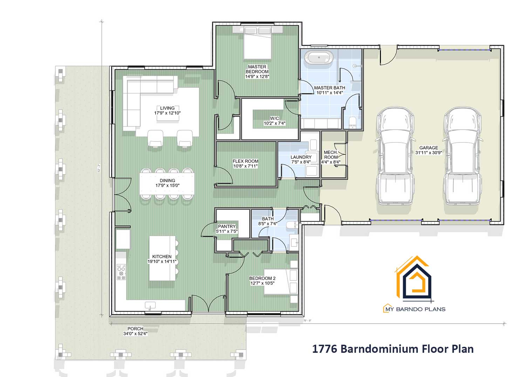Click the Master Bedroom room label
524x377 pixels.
257,69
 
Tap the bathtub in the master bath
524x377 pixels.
319,58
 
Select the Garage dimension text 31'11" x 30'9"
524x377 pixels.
428,153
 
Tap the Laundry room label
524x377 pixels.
301,157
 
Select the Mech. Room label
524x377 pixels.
331,155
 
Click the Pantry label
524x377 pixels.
226,227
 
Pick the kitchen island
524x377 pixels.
162,258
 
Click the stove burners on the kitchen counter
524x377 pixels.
121,272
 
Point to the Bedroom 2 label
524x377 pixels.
262,278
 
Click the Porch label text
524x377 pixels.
135,329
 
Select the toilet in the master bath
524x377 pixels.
352,121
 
